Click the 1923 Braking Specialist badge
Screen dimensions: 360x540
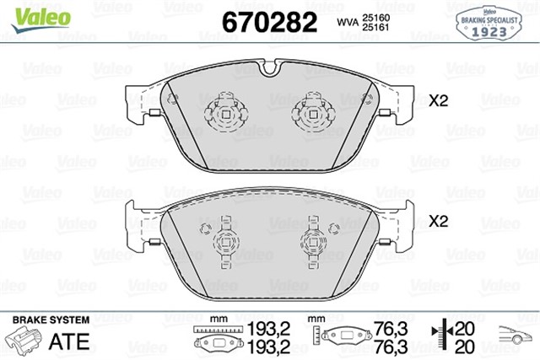point(489,22)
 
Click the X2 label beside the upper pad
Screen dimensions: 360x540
point(438,100)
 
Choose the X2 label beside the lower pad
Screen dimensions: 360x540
point(438,223)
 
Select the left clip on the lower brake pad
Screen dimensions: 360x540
point(225,240)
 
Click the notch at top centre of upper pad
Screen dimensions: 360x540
point(272,68)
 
